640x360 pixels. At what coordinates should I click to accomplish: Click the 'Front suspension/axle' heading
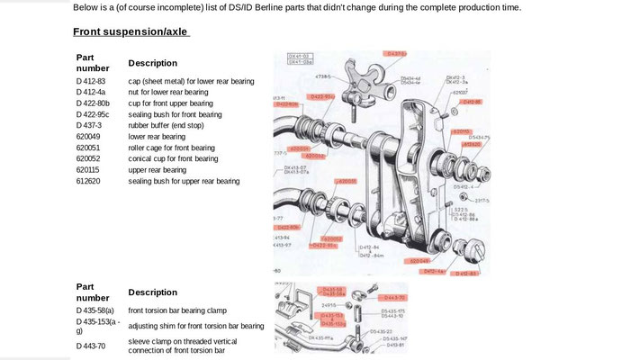point(131,33)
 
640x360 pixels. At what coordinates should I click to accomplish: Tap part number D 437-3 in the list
point(89,125)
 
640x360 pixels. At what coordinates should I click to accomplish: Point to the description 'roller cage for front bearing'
point(172,148)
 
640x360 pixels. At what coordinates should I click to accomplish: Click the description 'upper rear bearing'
point(158,170)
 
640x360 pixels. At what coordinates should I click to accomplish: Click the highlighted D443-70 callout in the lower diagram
point(393,296)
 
